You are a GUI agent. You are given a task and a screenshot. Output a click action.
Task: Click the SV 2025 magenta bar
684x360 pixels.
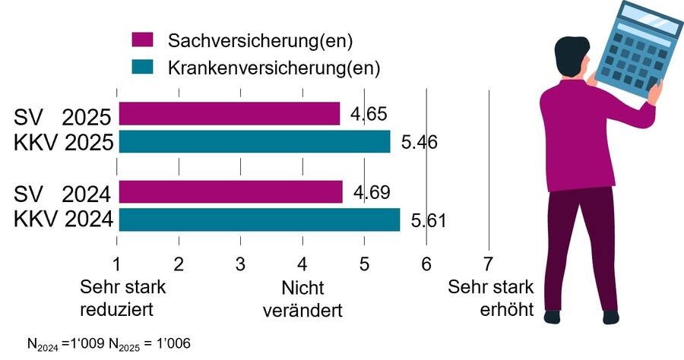click(228, 114)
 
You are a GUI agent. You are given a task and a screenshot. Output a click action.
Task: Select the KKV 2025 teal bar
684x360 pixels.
click(254, 142)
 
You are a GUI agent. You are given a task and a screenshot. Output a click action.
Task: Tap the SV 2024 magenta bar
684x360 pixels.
click(230, 192)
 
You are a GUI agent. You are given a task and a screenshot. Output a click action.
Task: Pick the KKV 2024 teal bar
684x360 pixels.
click(258, 220)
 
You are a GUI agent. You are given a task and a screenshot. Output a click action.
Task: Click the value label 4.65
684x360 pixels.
click(369, 115)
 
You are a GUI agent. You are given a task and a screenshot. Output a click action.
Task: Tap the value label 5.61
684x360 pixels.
click(428, 221)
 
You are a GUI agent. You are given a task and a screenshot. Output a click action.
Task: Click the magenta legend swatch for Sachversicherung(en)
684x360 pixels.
click(143, 40)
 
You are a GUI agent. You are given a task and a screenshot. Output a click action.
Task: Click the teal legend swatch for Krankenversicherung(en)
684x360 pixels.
click(143, 68)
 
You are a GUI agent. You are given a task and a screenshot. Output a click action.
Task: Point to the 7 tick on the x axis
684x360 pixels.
click(488, 264)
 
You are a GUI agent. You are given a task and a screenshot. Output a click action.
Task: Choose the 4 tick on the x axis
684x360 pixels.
click(302, 264)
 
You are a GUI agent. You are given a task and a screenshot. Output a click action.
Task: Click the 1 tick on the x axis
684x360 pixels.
click(117, 264)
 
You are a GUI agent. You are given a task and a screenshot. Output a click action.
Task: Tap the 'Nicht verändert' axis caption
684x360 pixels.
click(302, 299)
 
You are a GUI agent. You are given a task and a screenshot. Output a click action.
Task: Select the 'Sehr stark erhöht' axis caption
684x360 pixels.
click(491, 298)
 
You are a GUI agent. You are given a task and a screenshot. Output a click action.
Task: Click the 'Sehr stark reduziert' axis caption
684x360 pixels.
click(122, 298)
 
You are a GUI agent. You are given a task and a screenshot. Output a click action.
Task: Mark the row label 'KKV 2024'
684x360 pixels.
click(63, 220)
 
